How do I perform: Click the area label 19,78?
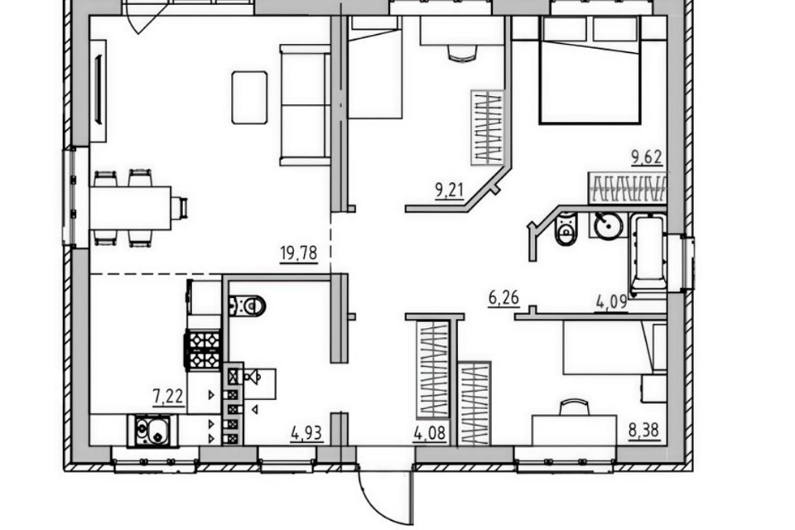pyautogui.click(x=299, y=253)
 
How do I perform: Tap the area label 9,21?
pyautogui.click(x=449, y=190)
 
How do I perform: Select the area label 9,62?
pyautogui.click(x=647, y=157)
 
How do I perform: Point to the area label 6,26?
pyautogui.click(x=504, y=298)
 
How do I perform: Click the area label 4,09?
pyautogui.click(x=611, y=303)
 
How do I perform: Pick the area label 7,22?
pyautogui.click(x=168, y=396)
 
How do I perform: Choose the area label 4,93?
pyautogui.click(x=306, y=434)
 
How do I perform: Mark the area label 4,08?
pyautogui.click(x=430, y=434)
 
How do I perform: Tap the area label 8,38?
pyautogui.click(x=644, y=431)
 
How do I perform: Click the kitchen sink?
pyautogui.click(x=152, y=431)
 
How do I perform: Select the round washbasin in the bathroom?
pyautogui.click(x=608, y=225)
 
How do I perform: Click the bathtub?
pyautogui.click(x=648, y=254)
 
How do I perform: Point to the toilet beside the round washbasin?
pyautogui.click(x=566, y=229)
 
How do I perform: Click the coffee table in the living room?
pyautogui.click(x=249, y=98)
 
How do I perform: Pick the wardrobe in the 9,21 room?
pyautogui.click(x=488, y=128)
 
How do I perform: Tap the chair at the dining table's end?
pyautogui.click(x=180, y=208)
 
